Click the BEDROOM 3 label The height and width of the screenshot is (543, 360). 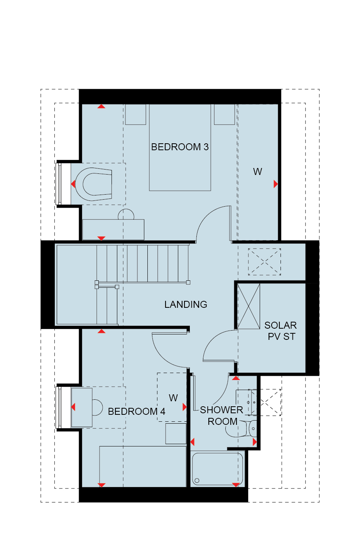pyautogui.click(x=180, y=147)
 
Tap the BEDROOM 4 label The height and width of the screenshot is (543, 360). pyautogui.click(x=136, y=411)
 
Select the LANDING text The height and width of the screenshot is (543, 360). pyautogui.click(x=186, y=304)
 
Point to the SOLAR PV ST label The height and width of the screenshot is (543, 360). pyautogui.click(x=281, y=331)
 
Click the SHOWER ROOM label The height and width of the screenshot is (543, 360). pyautogui.click(x=221, y=416)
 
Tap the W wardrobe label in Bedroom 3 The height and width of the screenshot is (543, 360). pyautogui.click(x=257, y=171)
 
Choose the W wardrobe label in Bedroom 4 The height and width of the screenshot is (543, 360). pyautogui.click(x=173, y=398)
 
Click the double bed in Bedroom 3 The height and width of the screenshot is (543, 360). pyautogui.click(x=180, y=148)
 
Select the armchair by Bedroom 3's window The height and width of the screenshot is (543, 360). pyautogui.click(x=93, y=184)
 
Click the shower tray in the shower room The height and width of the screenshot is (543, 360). pyautogui.click(x=217, y=469)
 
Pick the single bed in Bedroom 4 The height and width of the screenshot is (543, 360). pyautogui.click(x=143, y=467)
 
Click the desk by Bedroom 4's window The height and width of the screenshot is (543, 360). pyautogui.click(x=82, y=407)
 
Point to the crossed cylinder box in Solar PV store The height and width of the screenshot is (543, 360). pyautogui.click(x=248, y=306)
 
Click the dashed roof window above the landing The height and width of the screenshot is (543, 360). pyautogui.click(x=264, y=262)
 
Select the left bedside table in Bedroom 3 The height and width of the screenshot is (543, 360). pyautogui.click(x=135, y=114)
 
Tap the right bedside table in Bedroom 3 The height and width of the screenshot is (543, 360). pyautogui.click(x=225, y=114)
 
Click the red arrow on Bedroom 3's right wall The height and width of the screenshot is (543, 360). pyautogui.click(x=276, y=184)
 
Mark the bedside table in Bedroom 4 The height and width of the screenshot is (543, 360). pyautogui.click(x=176, y=434)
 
